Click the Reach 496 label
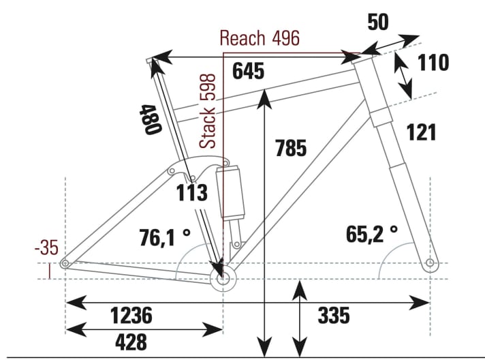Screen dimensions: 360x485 coord(260,38)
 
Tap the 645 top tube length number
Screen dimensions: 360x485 coord(247,71)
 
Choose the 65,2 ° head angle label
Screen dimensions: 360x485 coord(371,235)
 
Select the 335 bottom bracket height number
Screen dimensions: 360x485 coord(334,316)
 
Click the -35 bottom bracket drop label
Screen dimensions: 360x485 coord(48,247)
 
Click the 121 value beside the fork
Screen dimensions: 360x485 coord(421,132)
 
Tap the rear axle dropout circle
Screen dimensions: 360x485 coord(65,264)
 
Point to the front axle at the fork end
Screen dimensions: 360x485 coord(430,263)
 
